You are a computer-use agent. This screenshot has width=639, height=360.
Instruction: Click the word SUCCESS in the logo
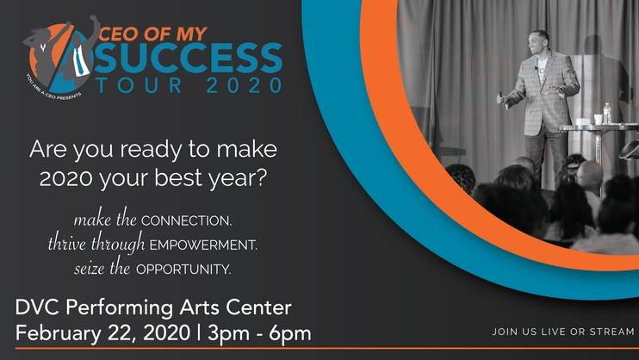[189, 58]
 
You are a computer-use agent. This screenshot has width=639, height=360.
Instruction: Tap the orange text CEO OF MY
[152, 34]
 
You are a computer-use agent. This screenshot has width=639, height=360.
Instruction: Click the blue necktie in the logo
[80, 61]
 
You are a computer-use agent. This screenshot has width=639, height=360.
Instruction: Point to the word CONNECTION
[186, 220]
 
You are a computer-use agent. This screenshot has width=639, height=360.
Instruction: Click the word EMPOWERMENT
[203, 245]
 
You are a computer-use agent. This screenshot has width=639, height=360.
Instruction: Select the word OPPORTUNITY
[183, 270]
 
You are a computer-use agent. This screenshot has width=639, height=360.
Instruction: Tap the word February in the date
[59, 333]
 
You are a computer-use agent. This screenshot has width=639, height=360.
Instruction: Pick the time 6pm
[290, 334]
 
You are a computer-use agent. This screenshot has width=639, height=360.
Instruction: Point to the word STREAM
[612, 332]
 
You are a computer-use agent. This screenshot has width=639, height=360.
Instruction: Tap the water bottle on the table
[607, 113]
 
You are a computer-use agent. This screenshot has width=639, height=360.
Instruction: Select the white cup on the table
[598, 119]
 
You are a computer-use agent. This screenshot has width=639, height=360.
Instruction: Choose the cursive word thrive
[67, 243]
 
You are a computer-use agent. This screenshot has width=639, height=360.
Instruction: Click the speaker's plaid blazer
[542, 94]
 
